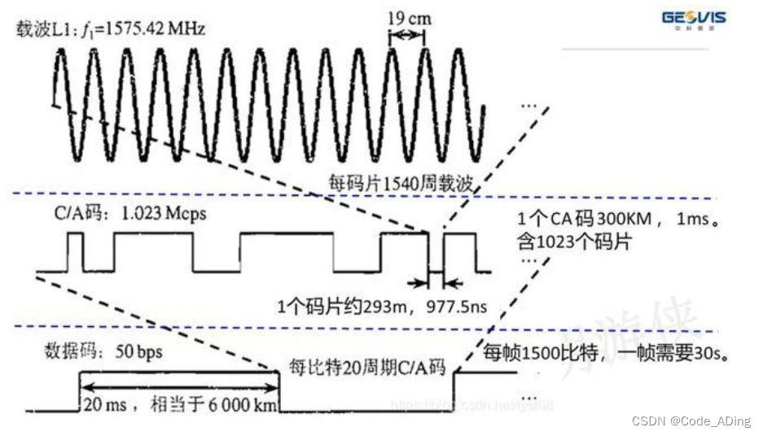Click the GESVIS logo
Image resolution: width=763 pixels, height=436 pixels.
pos(694,19)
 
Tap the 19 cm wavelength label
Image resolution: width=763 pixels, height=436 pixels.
pos(410,17)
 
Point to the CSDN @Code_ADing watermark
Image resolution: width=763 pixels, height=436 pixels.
pos(691,421)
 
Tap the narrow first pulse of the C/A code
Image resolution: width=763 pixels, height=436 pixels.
pos(76,252)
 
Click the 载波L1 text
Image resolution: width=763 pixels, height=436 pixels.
pos(44,30)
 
